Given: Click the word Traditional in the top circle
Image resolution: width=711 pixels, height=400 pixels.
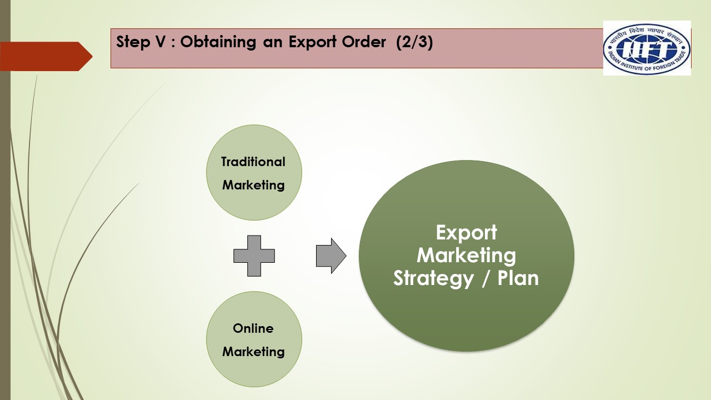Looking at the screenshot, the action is click(x=253, y=162).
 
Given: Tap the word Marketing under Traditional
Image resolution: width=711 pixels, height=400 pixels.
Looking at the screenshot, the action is click(x=253, y=186).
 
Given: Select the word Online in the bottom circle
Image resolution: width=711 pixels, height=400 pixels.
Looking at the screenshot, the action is click(x=253, y=328).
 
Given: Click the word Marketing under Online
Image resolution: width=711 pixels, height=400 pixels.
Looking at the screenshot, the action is click(x=253, y=352).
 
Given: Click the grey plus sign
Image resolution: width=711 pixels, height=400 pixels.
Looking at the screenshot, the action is click(x=254, y=256).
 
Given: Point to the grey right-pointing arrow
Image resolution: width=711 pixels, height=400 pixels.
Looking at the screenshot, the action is click(x=331, y=256).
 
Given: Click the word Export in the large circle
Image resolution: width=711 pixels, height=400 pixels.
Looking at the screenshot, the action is click(x=466, y=233).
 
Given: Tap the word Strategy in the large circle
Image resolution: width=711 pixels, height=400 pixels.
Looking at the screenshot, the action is click(x=434, y=278).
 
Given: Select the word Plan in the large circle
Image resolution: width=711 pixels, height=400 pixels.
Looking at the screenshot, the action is click(x=518, y=278).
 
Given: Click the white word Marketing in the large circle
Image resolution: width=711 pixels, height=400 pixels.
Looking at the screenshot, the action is click(x=466, y=256).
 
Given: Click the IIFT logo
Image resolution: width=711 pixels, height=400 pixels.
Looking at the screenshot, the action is click(x=647, y=48).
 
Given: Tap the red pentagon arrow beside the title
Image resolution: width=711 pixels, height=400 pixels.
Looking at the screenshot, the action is click(x=46, y=56).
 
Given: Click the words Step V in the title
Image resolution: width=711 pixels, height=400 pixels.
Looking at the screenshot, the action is click(x=141, y=42).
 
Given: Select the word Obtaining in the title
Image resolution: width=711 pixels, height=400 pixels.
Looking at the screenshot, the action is click(x=218, y=42).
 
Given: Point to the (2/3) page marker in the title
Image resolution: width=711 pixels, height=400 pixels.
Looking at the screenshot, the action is click(x=414, y=42).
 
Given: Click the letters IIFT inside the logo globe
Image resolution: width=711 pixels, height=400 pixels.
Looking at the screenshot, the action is click(x=647, y=49).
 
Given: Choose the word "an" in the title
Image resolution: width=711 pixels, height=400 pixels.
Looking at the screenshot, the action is click(x=272, y=43).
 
